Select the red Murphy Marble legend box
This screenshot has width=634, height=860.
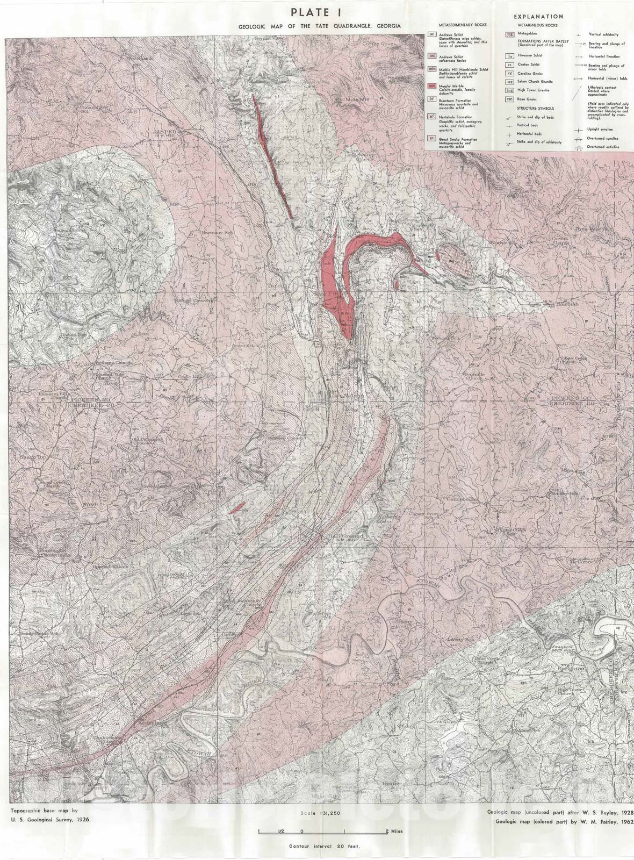[431, 86]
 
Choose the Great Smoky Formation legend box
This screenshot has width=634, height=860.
[431, 138]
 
